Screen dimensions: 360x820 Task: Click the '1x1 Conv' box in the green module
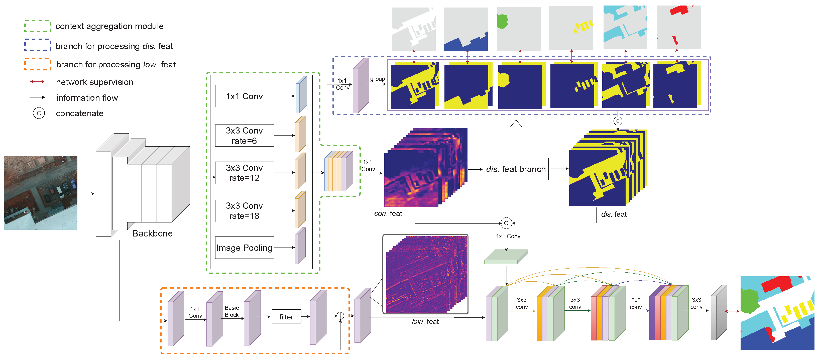click(244, 96)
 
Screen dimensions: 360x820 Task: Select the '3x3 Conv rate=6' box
click(244, 136)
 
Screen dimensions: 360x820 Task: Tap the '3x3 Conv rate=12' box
click(244, 173)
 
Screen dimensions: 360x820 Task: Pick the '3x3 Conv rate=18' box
click(244, 211)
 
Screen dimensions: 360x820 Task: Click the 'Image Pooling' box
click(244, 248)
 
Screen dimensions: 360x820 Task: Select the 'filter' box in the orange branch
click(286, 317)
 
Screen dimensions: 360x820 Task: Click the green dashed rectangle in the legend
click(38, 26)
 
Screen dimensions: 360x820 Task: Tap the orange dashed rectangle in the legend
click(38, 64)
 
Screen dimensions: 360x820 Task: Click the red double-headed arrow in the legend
click(37, 82)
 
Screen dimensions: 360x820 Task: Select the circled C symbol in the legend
click(39, 113)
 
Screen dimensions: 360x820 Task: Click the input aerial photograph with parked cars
click(40, 193)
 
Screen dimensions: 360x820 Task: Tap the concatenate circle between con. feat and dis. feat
click(506, 223)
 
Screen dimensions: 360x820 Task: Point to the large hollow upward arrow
click(516, 135)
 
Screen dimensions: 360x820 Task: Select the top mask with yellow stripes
click(571, 28)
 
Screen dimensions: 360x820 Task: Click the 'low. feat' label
click(425, 321)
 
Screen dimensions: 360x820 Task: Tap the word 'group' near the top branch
click(377, 79)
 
